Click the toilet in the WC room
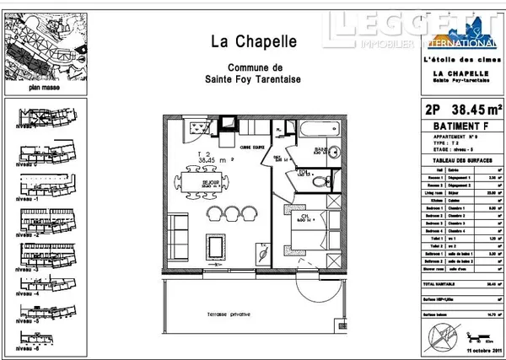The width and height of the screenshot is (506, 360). (318, 179)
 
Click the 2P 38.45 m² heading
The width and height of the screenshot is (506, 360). (460, 108)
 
